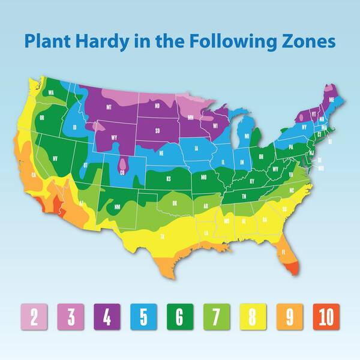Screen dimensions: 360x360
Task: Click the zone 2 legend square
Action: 34,316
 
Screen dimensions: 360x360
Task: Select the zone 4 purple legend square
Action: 107,316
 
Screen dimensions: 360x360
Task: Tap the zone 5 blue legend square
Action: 143,316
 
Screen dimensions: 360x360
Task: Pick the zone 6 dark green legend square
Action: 180,316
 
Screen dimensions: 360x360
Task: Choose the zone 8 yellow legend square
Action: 253,316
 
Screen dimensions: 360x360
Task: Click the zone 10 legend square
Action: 326,316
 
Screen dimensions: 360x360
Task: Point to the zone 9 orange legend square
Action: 289,316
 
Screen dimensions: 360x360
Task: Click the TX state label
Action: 163,237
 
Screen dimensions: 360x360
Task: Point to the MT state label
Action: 109,107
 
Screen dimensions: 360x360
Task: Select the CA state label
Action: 34,175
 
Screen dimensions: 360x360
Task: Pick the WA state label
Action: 52,92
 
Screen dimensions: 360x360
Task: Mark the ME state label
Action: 332,100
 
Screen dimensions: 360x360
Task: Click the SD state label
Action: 157,130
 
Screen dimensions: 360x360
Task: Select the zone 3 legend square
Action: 70,316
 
